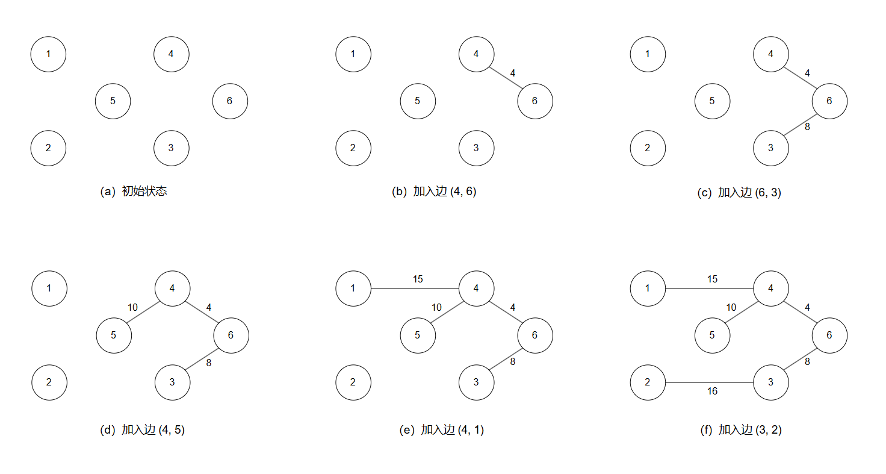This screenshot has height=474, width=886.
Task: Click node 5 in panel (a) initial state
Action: (113, 101)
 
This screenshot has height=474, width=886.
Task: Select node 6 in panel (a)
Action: (230, 101)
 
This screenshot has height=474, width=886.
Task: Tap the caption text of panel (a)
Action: (134, 192)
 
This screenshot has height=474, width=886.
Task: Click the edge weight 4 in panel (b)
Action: (512, 73)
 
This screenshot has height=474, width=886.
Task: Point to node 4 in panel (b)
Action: (476, 54)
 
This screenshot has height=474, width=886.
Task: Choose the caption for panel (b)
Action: (434, 192)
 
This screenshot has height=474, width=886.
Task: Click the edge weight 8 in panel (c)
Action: (807, 127)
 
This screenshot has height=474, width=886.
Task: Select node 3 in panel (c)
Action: (771, 148)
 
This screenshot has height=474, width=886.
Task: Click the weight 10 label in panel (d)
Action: (132, 307)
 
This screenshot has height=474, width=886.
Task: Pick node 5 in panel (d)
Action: (113, 335)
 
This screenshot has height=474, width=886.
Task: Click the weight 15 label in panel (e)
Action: (418, 279)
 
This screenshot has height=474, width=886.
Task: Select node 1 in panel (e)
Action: (353, 288)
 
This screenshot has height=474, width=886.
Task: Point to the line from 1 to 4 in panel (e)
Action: (415, 288)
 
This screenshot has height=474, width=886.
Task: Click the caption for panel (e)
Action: (441, 430)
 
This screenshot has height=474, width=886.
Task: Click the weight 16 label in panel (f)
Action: (712, 391)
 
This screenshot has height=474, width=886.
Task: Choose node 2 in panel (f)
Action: (648, 382)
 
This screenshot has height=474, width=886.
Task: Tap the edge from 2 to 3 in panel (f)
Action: (710, 382)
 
